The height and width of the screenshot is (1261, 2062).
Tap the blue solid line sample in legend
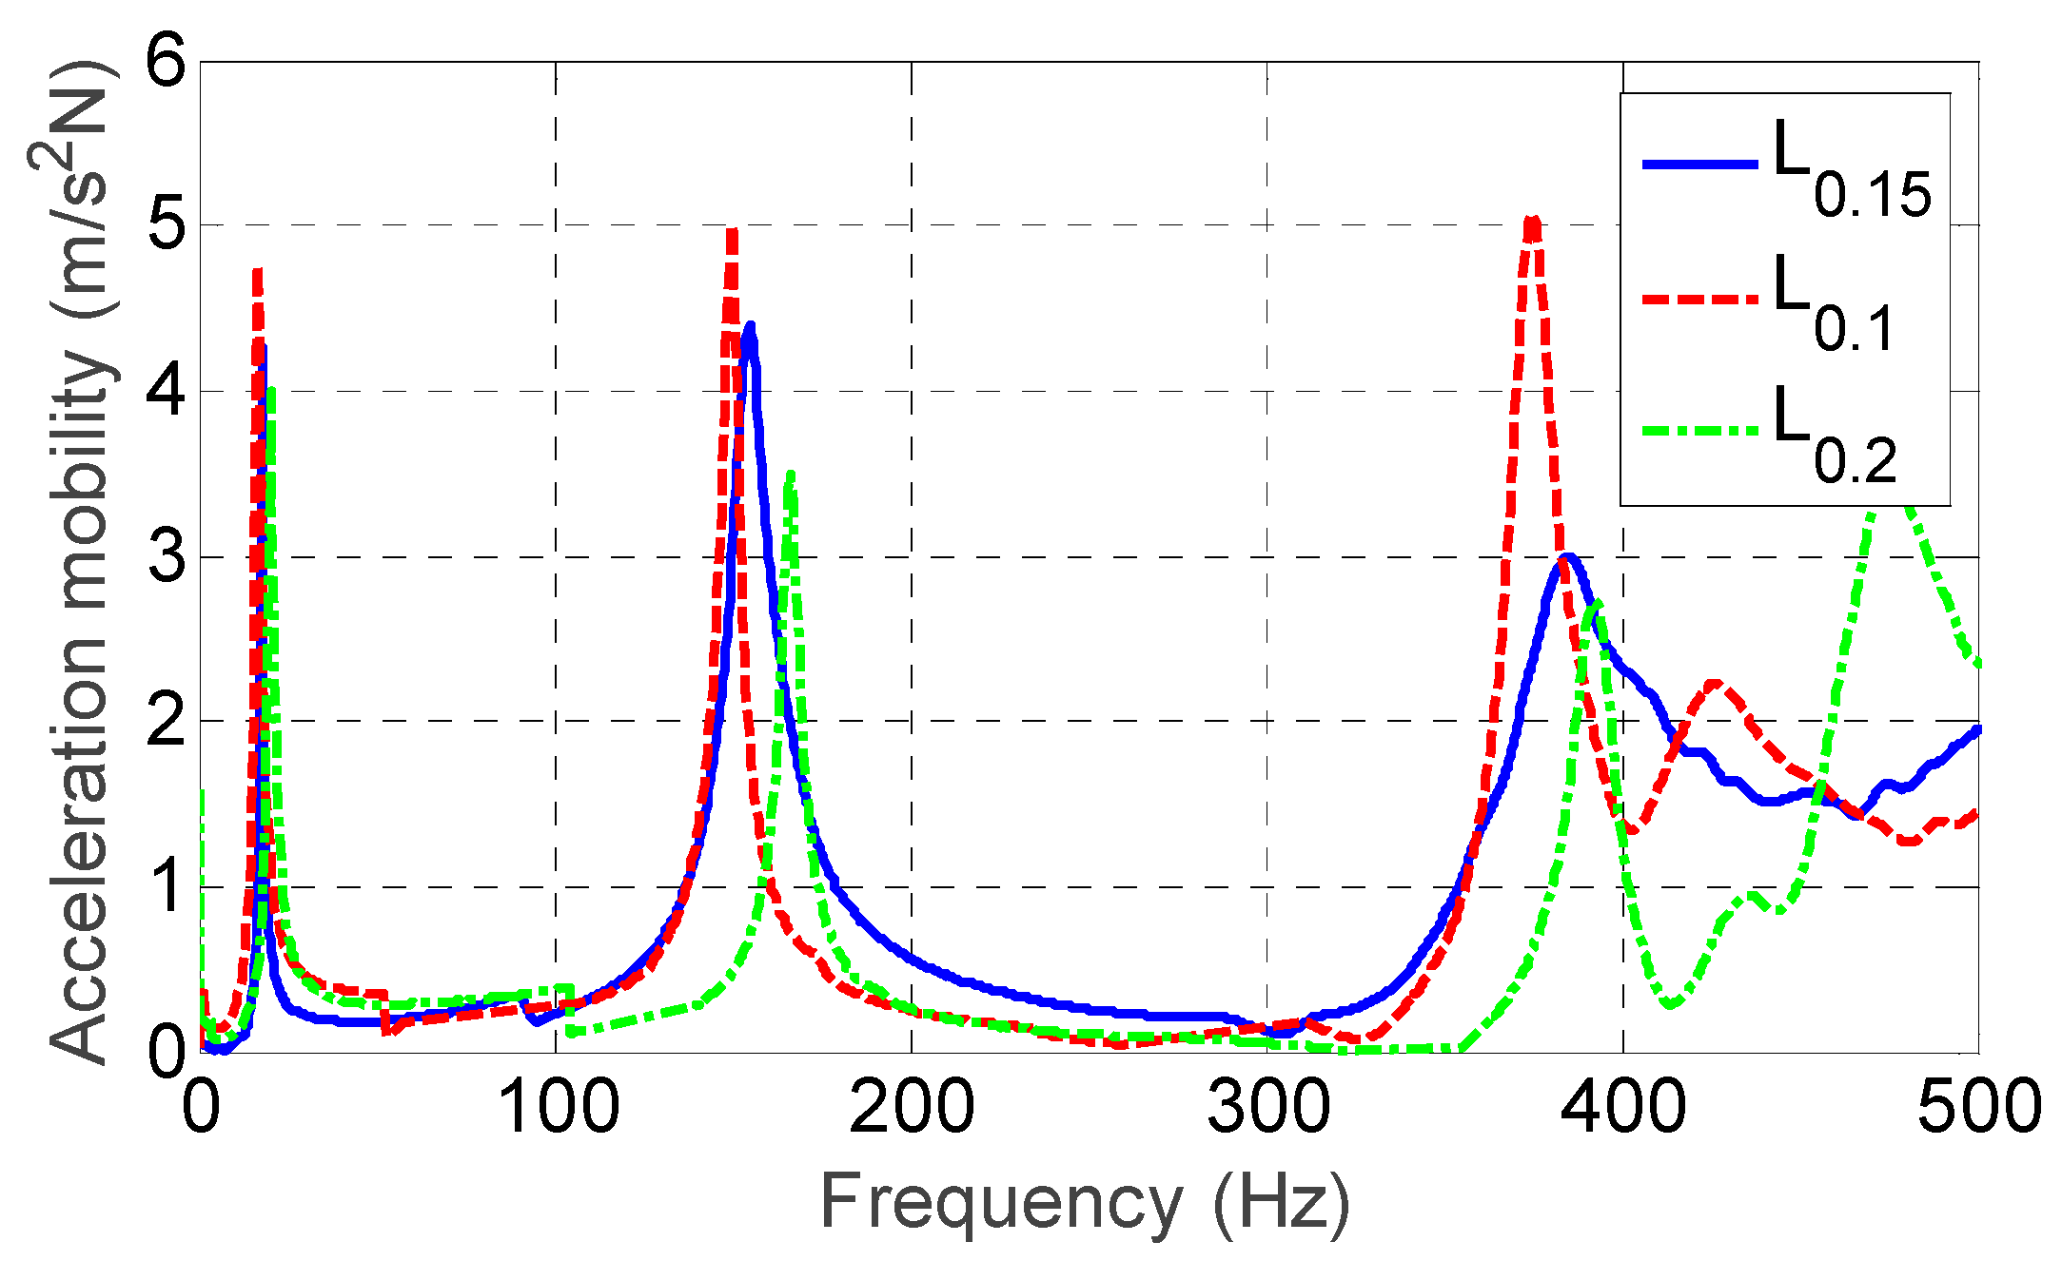coord(1699,165)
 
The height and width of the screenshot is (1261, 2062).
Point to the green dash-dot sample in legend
coord(1699,431)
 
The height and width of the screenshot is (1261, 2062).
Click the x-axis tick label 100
coord(557,1109)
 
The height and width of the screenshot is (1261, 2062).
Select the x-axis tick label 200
coord(912,1109)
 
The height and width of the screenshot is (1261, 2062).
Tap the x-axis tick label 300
coord(1267,1109)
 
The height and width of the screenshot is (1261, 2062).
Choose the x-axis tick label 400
coord(1623,1109)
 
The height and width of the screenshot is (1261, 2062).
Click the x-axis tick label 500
coord(1977,1109)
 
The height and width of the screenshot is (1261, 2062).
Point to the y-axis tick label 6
coord(167,65)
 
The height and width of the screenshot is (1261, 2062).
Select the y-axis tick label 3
coord(167,557)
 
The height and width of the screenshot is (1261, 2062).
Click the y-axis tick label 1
coord(167,887)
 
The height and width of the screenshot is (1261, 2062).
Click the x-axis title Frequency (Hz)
coord(1085,1204)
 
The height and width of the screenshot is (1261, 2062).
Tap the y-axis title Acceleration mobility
coord(81,561)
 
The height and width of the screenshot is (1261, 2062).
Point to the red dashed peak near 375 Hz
coord(1532,222)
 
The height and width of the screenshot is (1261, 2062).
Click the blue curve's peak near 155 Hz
coord(751,328)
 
